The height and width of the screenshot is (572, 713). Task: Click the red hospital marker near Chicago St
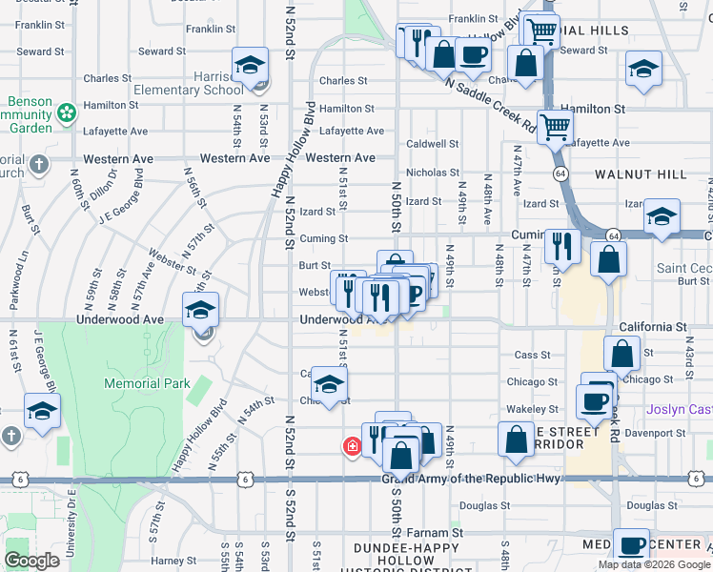pos(352,445)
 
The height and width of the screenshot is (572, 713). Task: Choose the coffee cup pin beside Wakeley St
pos(594,400)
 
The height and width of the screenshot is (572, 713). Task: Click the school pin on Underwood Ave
pos(201,310)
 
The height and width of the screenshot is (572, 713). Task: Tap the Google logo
pos(31,561)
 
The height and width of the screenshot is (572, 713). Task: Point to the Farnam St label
pos(442,533)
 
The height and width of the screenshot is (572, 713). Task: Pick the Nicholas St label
pos(433,173)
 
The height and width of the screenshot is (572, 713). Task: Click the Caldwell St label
pos(433,144)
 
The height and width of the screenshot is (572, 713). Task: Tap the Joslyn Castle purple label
pos(679,409)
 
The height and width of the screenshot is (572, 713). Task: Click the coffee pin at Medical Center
pos(630,545)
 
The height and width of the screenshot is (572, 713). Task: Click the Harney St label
pos(173,560)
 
